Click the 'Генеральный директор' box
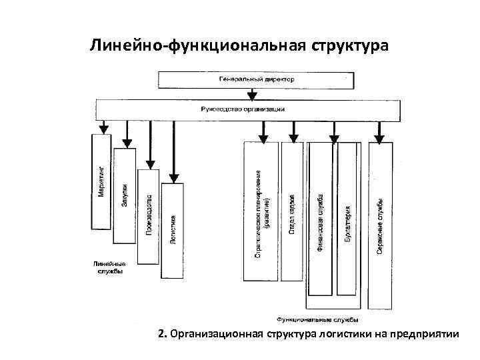tap(257, 79)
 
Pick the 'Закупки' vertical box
tap(125, 196)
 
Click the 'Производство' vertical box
tap(149, 216)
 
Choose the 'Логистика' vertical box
tap(172, 230)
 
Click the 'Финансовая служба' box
tap(320, 220)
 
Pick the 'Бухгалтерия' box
tap(348, 220)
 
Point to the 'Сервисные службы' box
tap(378, 227)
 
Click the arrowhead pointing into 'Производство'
tap(150, 163)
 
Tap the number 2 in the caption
tap(161, 333)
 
